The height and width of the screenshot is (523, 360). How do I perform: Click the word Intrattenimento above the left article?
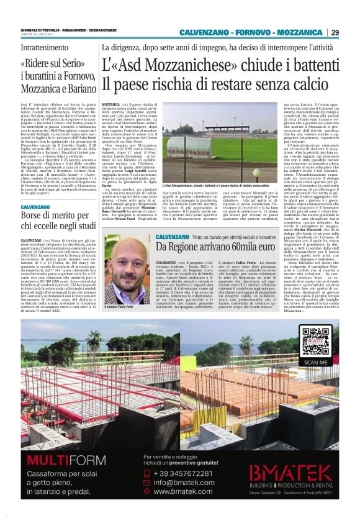coord(44,48)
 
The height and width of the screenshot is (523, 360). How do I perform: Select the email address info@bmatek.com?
coord(184,482)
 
